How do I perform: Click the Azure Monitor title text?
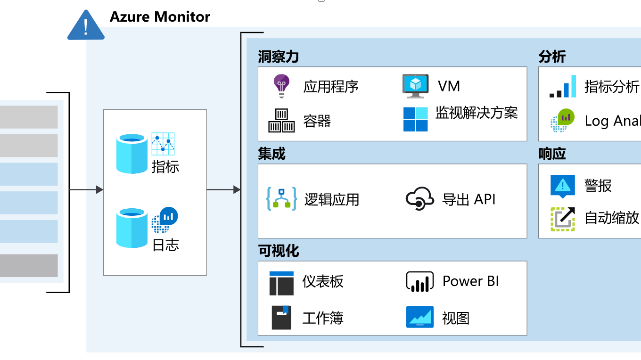pyautogui.click(x=160, y=17)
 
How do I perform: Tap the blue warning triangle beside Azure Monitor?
pyautogui.click(x=86, y=25)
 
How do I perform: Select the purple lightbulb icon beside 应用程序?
pyautogui.click(x=282, y=86)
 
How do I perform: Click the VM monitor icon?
pyautogui.click(x=415, y=86)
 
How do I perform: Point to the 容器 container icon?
pyautogui.click(x=281, y=121)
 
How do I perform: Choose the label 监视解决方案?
pyautogui.click(x=477, y=113)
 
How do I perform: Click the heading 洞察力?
pyautogui.click(x=278, y=57)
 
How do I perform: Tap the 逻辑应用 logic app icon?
pyautogui.click(x=281, y=199)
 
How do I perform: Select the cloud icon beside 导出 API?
pyautogui.click(x=419, y=198)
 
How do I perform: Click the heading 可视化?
pyautogui.click(x=278, y=251)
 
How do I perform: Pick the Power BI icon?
pyautogui.click(x=419, y=281)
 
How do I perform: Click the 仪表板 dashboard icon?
pyautogui.click(x=281, y=283)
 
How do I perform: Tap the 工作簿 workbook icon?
pyautogui.click(x=281, y=317)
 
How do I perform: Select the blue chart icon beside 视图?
pyautogui.click(x=419, y=317)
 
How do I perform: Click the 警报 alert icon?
pyautogui.click(x=563, y=185)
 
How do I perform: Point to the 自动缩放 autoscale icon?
pyautogui.click(x=563, y=219)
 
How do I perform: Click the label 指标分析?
pyautogui.click(x=612, y=87)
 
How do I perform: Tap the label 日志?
pyautogui.click(x=165, y=245)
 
